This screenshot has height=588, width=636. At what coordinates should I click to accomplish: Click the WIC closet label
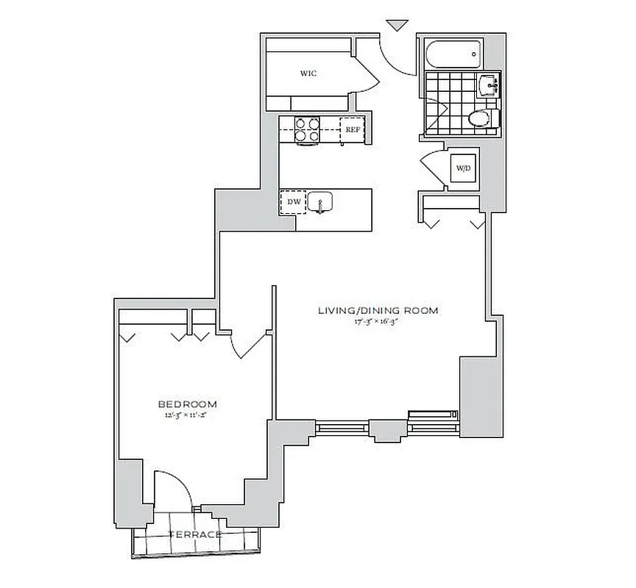[x=308, y=73]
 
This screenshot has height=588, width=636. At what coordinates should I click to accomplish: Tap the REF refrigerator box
[x=353, y=129]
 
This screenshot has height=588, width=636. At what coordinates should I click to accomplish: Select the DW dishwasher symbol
[x=293, y=201]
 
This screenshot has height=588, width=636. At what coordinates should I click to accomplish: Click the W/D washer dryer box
[x=463, y=168]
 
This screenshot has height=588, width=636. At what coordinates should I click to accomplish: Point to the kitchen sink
[x=321, y=201]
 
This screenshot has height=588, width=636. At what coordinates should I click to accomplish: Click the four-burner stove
[x=307, y=129]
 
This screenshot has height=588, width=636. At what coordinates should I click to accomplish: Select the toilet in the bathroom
[x=481, y=118]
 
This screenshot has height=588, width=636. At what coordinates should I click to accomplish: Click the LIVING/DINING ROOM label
[x=378, y=310]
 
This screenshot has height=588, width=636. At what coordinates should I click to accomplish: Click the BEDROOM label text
[x=187, y=404]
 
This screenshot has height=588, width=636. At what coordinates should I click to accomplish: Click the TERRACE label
[x=195, y=534]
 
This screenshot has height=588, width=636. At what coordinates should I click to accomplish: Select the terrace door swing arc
[x=172, y=487]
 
